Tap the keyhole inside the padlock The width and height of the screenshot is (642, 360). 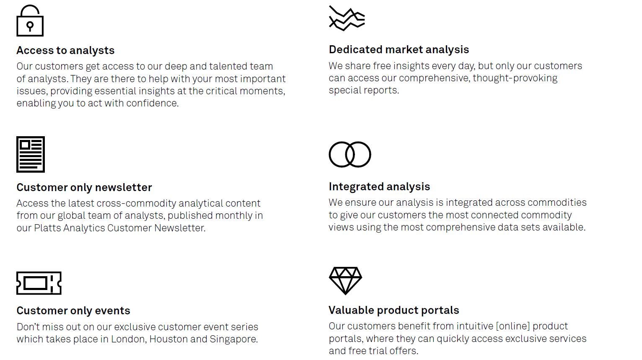(x=30, y=26)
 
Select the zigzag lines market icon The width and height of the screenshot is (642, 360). (x=347, y=18)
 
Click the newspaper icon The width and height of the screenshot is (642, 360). (x=31, y=154)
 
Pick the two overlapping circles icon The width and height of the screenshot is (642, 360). (x=349, y=154)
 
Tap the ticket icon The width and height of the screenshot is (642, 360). (x=39, y=283)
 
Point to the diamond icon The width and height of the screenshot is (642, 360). (x=345, y=281)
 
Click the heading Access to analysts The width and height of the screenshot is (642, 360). (x=65, y=50)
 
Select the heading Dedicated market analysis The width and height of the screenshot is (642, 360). (x=399, y=49)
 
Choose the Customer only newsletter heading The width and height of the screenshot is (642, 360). (x=84, y=187)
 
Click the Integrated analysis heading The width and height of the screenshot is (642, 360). (x=379, y=186)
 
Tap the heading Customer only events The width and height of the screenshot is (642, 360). (x=73, y=311)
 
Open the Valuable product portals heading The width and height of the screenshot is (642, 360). (x=394, y=310)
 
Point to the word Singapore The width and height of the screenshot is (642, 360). (x=233, y=339)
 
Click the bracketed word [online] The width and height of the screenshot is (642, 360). (x=513, y=326)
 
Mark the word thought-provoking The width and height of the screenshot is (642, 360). (x=515, y=78)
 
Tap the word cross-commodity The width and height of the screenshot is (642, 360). (x=137, y=203)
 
